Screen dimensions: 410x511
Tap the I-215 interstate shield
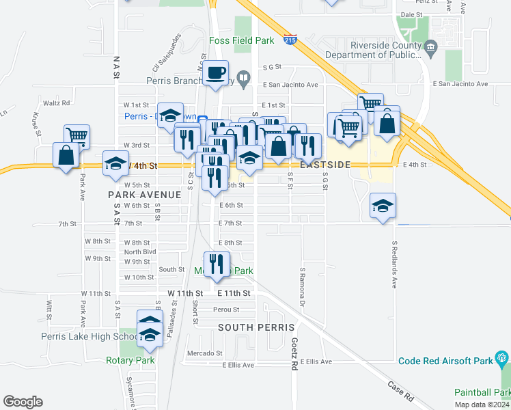tap(290, 40)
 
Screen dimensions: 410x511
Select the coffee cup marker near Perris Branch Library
tap(217, 72)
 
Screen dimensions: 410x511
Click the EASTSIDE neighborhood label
tap(325, 165)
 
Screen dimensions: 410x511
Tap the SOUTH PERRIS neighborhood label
tap(256, 327)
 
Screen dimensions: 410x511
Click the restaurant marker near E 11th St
tap(217, 264)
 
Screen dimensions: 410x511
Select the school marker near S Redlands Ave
tap(383, 205)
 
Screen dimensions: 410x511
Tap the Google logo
tap(23, 402)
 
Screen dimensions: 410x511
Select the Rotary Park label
tap(130, 360)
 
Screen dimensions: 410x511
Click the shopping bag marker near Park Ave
tap(66, 154)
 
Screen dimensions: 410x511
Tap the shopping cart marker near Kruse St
tap(77, 135)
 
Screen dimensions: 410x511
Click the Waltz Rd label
tap(57, 103)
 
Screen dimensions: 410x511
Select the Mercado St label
tap(205, 353)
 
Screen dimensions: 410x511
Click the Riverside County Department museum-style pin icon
tap(430, 47)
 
